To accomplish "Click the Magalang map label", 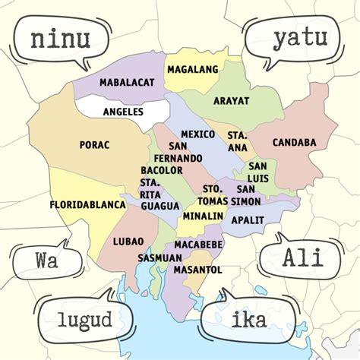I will point(193,70).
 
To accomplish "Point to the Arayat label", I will point(231,100).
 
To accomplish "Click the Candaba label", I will point(294,142).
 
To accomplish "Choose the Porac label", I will point(95,144).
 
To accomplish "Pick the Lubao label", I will point(128,242).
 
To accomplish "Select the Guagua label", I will point(159,206).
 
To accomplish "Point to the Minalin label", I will point(203,216).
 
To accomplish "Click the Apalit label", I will point(248,219).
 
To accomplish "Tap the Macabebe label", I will point(198,245).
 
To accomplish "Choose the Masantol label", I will point(197,270).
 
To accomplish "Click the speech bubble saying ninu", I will point(61,39).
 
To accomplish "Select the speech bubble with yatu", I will point(299,36).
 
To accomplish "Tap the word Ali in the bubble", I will point(302,257).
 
